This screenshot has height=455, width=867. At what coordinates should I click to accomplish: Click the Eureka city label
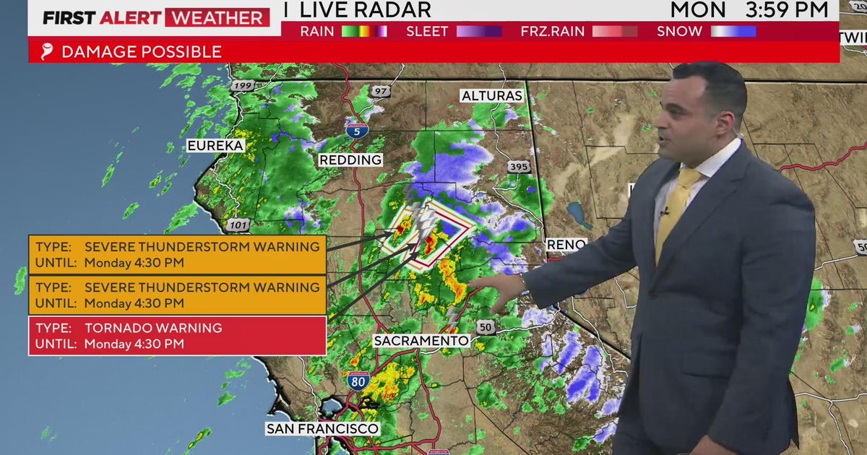click(215, 146)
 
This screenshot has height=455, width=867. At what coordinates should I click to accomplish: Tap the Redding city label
click(350, 160)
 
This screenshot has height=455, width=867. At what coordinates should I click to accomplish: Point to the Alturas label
click(492, 96)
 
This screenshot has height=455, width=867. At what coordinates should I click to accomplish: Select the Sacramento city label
click(421, 340)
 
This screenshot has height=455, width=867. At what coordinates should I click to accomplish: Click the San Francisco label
click(322, 428)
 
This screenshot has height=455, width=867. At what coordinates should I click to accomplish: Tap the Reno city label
click(566, 245)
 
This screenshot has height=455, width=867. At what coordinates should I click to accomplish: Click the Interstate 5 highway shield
click(355, 131)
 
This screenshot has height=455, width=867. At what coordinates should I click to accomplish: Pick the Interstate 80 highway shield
click(358, 381)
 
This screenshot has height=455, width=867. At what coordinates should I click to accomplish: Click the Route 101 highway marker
click(237, 225)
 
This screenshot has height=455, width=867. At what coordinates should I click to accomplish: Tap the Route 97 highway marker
click(381, 92)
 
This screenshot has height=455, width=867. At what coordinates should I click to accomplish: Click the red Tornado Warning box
click(177, 335)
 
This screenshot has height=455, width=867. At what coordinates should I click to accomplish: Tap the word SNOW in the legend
click(679, 31)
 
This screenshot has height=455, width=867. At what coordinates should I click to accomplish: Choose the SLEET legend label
click(427, 31)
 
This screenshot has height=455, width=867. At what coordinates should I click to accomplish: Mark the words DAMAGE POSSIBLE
click(142, 52)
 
